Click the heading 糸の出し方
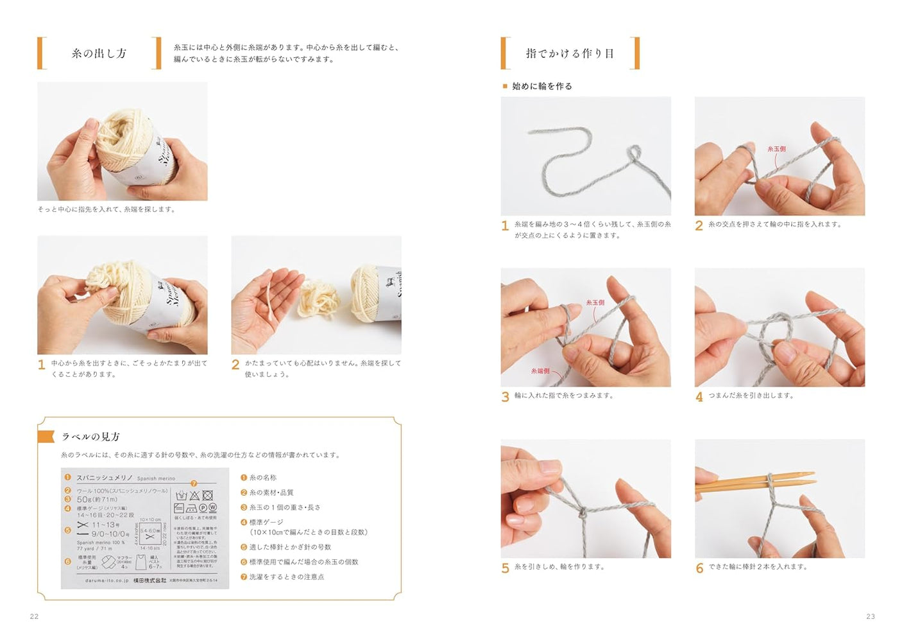pos(99,53)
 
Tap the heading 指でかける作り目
pos(570,53)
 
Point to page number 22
pos(35,616)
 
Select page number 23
pos(871,616)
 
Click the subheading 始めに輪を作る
pos(541,86)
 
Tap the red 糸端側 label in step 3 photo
pos(540,371)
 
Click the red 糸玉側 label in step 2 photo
pos(776,149)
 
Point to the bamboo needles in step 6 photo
pos(757,482)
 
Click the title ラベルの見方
pos(90,437)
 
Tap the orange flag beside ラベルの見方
pos(46,437)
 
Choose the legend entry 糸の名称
pos(262,478)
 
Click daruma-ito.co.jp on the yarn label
pos(107,580)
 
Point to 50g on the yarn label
pos(84,499)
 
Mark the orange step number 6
pos(699,568)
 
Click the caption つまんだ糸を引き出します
pos(751,396)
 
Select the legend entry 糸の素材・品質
pos(271,493)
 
